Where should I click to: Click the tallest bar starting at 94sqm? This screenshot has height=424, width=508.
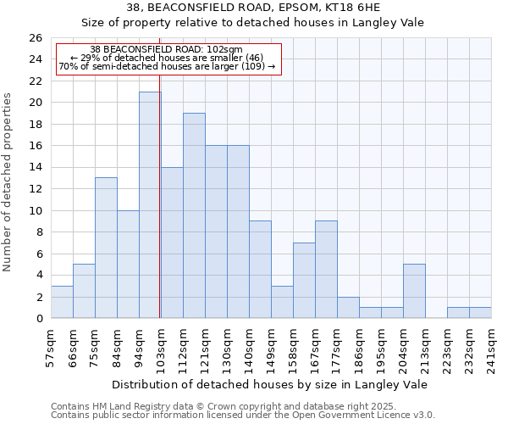pyautogui.click(x=150, y=205)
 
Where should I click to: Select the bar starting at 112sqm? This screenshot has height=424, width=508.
pyautogui.click(x=194, y=215)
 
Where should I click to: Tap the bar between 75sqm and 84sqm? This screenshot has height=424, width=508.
pyautogui.click(x=106, y=248)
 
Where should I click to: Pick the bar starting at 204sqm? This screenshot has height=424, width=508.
pyautogui.click(x=414, y=291)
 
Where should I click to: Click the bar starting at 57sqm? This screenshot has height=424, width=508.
pyautogui.click(x=62, y=302)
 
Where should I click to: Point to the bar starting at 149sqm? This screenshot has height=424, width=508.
pyautogui.click(x=282, y=302)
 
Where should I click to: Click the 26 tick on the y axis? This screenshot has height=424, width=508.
pyautogui.click(x=36, y=38)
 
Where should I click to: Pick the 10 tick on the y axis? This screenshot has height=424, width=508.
pyautogui.click(x=36, y=211)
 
